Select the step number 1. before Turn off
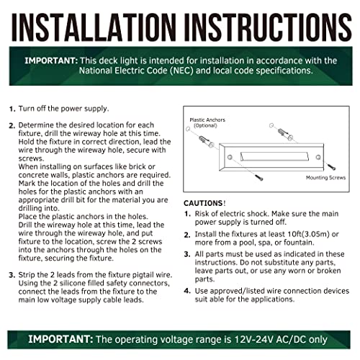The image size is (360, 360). (12, 109)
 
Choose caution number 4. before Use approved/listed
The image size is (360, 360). (187, 291)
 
